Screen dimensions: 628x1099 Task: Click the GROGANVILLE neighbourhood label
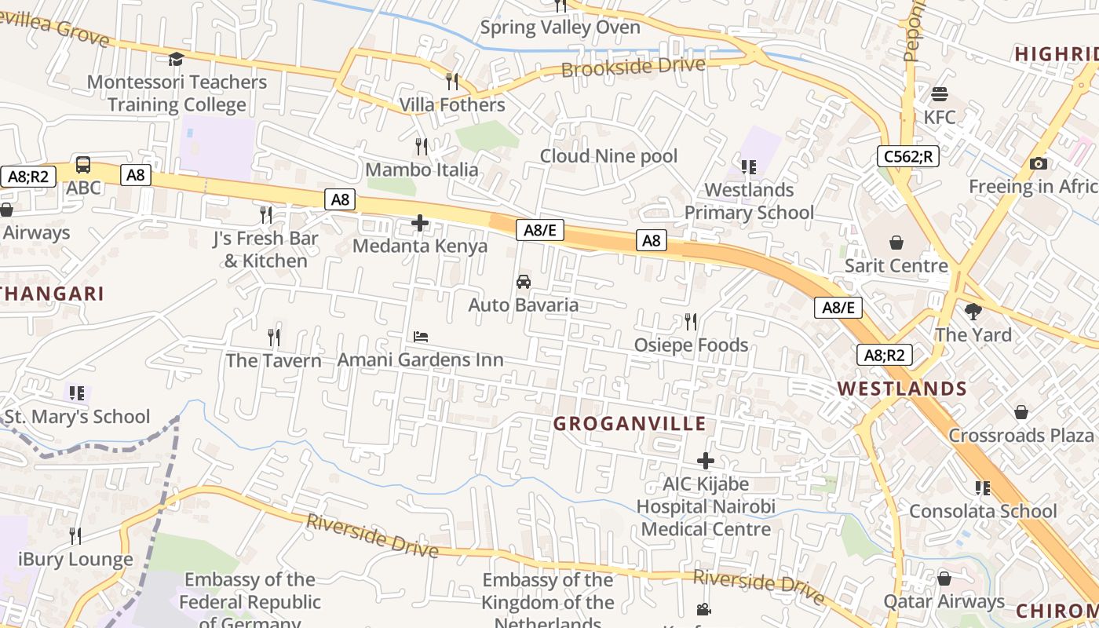click(630, 424)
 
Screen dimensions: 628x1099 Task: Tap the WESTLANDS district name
click(902, 389)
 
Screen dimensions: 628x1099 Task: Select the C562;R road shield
click(907, 156)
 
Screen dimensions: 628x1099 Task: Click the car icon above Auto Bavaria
click(524, 282)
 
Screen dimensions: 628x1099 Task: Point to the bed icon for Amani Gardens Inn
click(421, 337)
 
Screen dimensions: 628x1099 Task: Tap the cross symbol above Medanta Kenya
click(420, 223)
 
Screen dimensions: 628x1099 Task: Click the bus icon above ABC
click(83, 165)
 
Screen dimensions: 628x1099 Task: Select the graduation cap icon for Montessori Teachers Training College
click(177, 59)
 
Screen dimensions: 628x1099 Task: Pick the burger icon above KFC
click(940, 94)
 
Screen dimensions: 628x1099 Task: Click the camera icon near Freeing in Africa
click(1038, 163)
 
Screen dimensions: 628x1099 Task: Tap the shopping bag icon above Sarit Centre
click(896, 243)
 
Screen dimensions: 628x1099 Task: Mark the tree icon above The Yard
click(973, 312)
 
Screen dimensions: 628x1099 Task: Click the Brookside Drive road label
click(633, 67)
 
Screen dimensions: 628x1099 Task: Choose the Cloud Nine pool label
click(608, 156)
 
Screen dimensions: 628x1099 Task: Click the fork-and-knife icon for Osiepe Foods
click(691, 322)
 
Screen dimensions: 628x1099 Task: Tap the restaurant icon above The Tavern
click(274, 338)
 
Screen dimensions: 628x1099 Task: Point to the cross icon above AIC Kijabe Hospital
click(706, 461)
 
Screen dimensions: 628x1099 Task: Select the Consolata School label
click(983, 511)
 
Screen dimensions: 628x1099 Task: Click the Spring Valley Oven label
click(560, 27)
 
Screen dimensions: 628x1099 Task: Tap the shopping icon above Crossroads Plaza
click(1021, 412)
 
